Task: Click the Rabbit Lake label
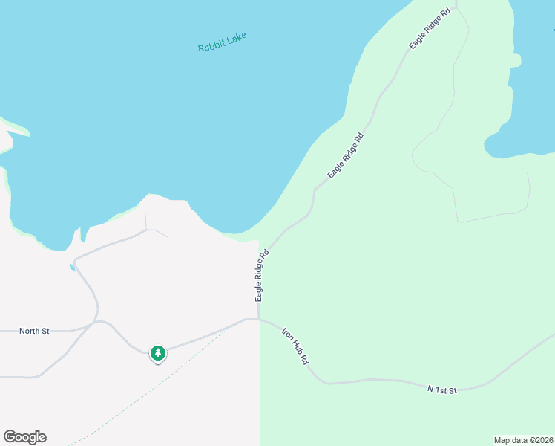(222, 42)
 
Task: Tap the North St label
(34, 331)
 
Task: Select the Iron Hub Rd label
(295, 346)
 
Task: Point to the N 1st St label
(442, 389)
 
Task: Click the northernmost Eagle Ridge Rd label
(430, 30)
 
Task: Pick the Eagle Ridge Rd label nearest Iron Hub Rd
(261, 275)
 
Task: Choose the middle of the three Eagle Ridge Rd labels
(346, 155)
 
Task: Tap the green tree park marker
(157, 353)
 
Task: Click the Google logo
(24, 437)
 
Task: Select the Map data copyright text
(523, 439)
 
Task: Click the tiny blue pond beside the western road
(73, 267)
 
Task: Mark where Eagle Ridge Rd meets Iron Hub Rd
(259, 320)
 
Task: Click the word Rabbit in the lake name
(211, 45)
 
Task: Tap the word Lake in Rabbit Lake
(236, 37)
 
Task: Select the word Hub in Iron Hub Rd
(295, 346)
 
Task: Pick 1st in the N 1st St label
(442, 389)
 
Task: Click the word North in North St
(29, 331)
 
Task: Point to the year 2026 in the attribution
(544, 439)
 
